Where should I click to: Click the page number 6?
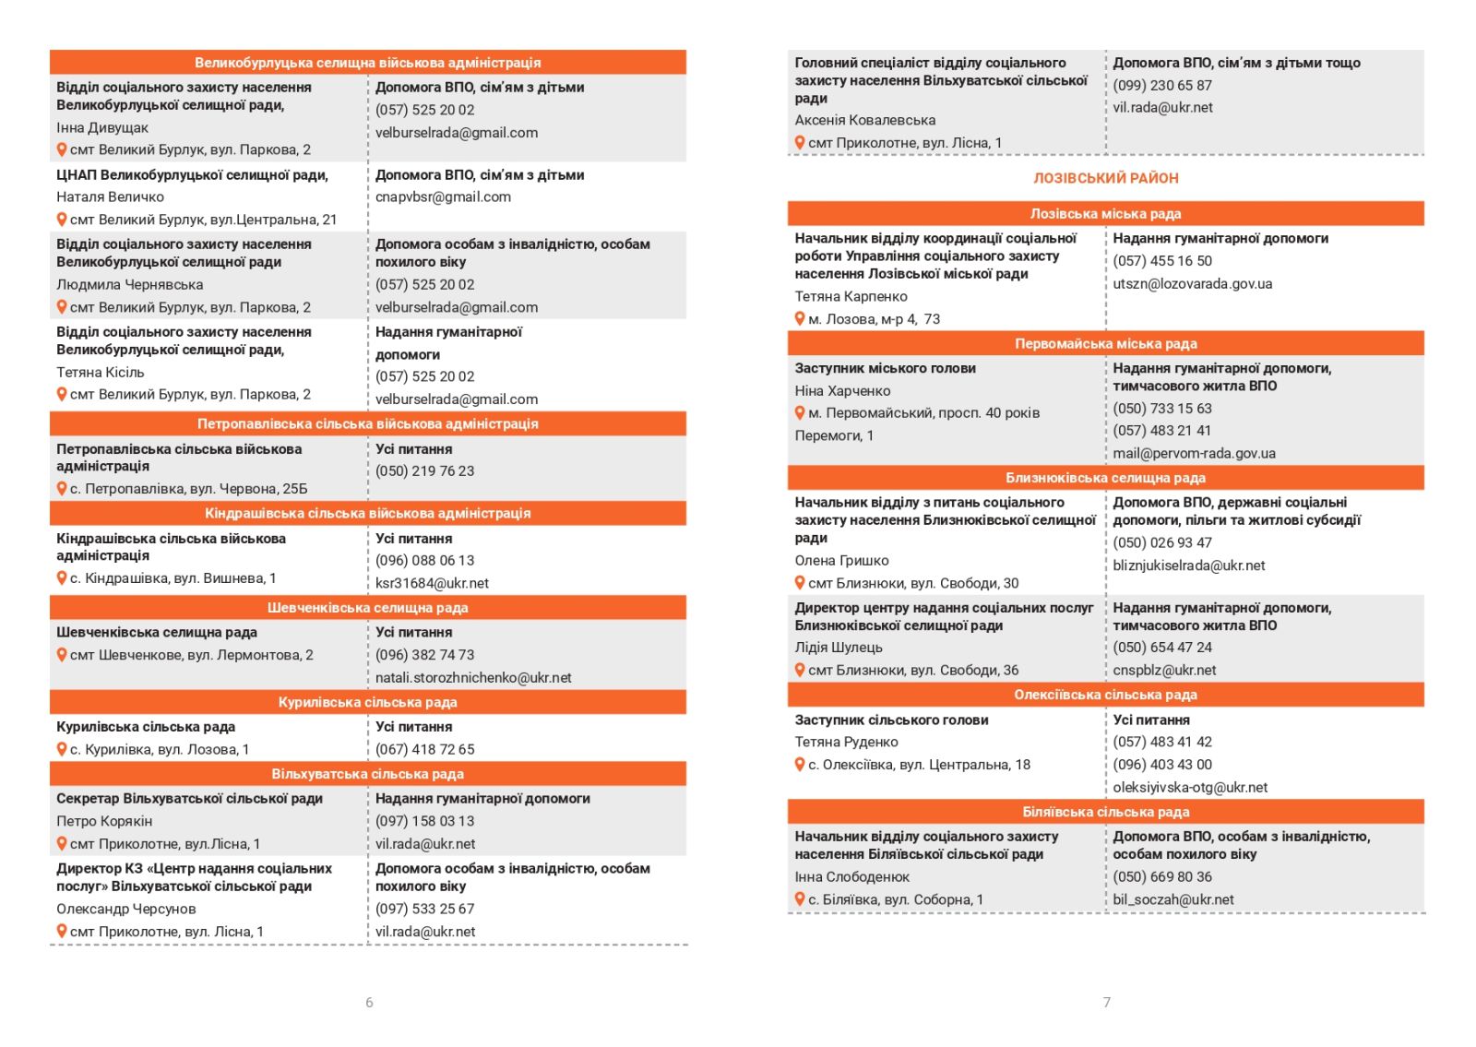coord(369,1002)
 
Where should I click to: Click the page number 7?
coord(1107,1002)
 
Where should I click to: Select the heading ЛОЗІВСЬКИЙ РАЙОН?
coord(1105,178)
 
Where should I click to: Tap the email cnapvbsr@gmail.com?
coord(443,196)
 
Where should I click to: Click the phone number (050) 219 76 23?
coord(424,470)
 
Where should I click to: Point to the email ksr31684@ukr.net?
coord(432,583)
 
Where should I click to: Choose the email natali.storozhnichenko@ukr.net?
coord(473,677)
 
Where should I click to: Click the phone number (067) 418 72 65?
coord(424,749)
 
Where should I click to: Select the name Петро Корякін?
coord(104,821)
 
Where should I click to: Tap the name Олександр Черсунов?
coord(125,909)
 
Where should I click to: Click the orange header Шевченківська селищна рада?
coord(367,608)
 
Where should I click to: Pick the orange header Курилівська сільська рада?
coord(367,702)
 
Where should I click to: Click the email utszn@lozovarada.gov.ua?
coord(1192,283)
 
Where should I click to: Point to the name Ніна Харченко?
coord(842,390)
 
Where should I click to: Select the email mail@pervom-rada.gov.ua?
coord(1194,453)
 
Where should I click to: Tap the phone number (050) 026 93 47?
coord(1162,542)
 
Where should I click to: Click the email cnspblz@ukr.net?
coord(1164,670)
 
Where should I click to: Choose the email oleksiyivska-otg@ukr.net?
coord(1190,787)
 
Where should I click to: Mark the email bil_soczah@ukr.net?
coord(1172,899)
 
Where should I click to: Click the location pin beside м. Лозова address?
coord(800,318)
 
